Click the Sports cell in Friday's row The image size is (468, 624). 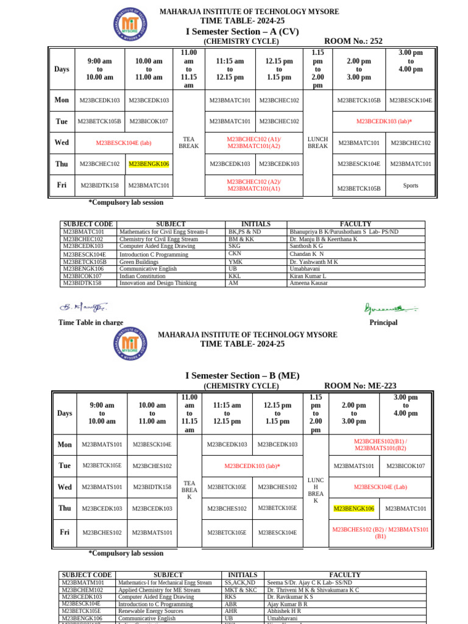tap(410, 185)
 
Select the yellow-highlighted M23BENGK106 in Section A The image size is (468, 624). tap(149, 164)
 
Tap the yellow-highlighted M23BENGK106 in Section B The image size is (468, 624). tap(353, 508)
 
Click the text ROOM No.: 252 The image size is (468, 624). tap(353, 41)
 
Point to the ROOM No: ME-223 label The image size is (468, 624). tap(360, 386)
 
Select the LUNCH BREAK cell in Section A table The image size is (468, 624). tap(317, 143)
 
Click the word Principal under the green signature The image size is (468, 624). tap(383, 322)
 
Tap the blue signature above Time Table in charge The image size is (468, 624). tap(83, 307)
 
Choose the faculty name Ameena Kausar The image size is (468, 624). tap(309, 283)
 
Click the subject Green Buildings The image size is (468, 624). tap(141, 261)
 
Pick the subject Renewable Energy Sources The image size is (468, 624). tap(150, 611)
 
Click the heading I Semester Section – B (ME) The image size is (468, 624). tap(243, 375)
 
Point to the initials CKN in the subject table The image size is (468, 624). tap(235, 254)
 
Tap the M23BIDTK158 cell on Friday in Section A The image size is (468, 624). tap(99, 185)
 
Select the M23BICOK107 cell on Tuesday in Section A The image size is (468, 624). tap(149, 121)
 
